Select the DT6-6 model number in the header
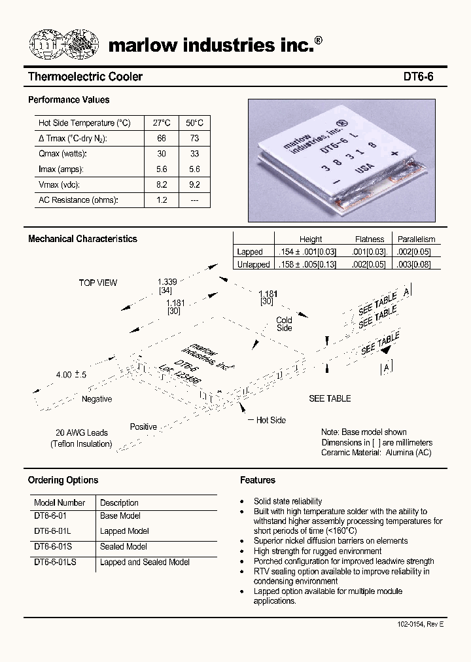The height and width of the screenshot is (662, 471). tap(417, 77)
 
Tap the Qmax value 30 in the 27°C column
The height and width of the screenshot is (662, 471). tap(161, 154)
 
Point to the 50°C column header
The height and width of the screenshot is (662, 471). tap(194, 123)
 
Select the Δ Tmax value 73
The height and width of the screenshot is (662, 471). tap(194, 139)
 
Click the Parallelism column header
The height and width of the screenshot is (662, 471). tap(416, 239)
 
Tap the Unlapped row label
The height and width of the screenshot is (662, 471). tap(253, 265)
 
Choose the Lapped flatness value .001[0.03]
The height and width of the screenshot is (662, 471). tap(370, 252)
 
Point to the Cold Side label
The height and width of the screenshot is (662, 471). tap(284, 324)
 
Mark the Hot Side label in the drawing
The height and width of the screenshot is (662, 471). tap(270, 420)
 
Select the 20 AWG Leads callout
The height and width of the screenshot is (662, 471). tap(81, 432)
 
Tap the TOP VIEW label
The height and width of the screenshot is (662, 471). tap(98, 283)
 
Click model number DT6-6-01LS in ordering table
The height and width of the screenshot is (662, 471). tap(55, 562)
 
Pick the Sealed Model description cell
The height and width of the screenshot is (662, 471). tap(123, 547)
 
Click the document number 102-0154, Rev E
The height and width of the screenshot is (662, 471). tap(420, 625)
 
